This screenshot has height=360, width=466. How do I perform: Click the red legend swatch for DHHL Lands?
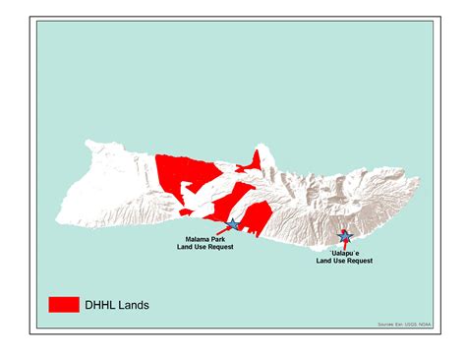pos(64,305)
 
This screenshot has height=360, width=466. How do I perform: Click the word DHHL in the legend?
pos(104,306)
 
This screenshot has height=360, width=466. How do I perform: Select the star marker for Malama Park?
pos(232,225)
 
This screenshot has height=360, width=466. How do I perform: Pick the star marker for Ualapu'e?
pos(344,236)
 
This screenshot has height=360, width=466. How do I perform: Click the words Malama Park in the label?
pos(207,239)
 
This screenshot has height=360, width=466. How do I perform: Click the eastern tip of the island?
pos(419,183)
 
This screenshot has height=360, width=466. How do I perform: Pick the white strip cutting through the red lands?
pos(211,201)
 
